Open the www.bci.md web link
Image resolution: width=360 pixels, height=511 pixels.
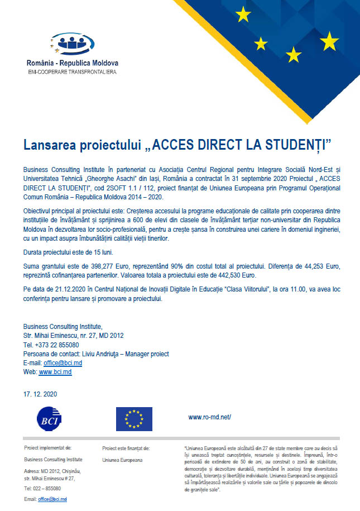pos(55,372)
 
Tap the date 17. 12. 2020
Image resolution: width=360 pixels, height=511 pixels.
pos(40,394)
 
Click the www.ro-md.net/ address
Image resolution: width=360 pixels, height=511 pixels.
pos(209,417)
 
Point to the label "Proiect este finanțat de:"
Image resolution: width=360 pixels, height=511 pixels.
pos(126,448)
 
